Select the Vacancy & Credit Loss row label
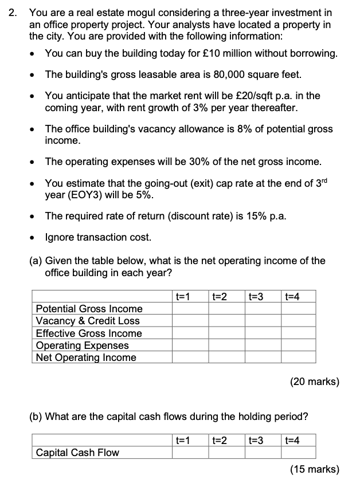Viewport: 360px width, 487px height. tap(87, 321)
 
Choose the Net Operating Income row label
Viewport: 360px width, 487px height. tap(86, 358)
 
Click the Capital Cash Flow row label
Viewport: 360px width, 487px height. tap(77, 453)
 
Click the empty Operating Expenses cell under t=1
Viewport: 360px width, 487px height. tap(190, 345)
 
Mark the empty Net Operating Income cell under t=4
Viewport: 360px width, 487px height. tap(298, 358)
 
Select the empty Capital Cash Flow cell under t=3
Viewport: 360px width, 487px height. tap(263, 453)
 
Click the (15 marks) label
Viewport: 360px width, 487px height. tap(314, 469)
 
